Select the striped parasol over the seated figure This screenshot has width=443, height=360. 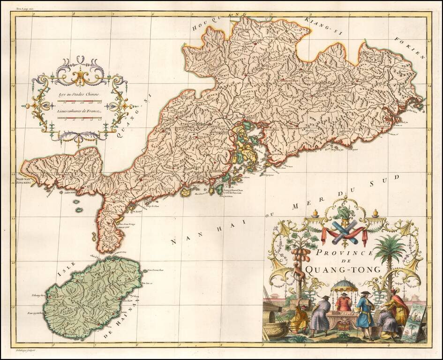pyautogui.click(x=345, y=285)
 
